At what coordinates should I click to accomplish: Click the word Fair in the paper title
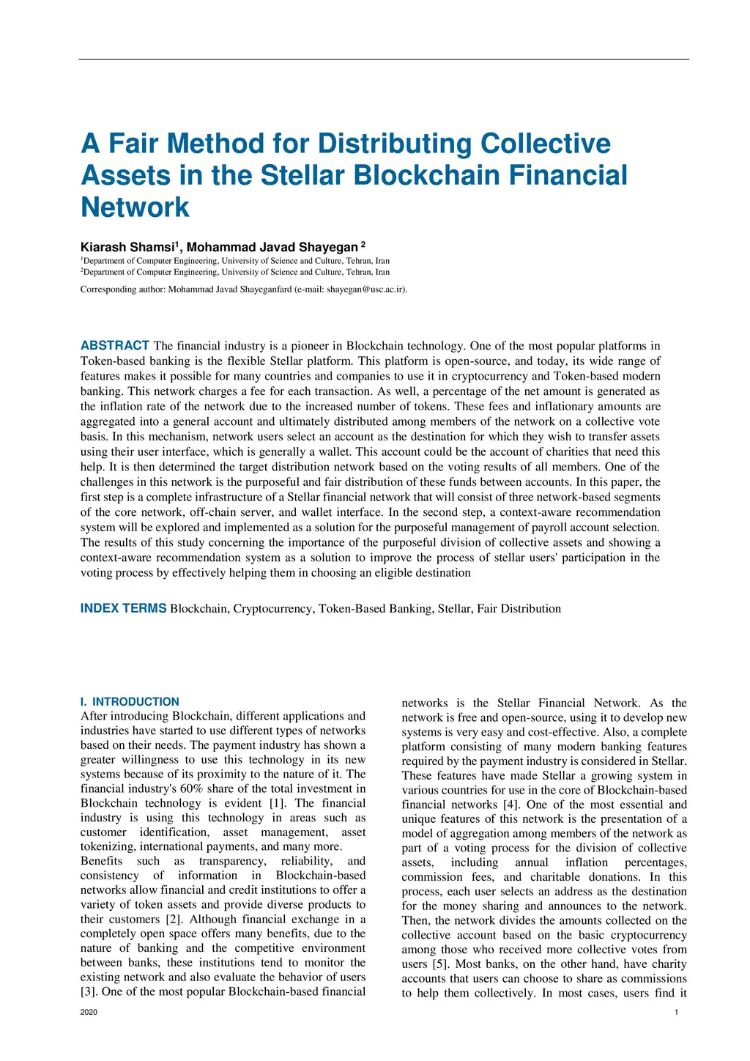point(134,144)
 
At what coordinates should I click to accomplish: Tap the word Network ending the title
point(135,207)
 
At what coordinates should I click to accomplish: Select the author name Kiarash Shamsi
point(127,247)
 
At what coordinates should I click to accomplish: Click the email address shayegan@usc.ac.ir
point(365,289)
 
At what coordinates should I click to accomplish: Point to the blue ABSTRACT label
point(115,345)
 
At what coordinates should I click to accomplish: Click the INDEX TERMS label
point(123,608)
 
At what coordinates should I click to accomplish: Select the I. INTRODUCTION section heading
point(130,701)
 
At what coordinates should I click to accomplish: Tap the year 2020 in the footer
point(89,1012)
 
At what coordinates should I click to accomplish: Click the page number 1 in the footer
point(676,1012)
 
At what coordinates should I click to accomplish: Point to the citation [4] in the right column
point(511,805)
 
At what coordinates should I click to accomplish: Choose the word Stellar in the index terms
point(454,609)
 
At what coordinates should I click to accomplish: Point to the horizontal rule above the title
point(384,59)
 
